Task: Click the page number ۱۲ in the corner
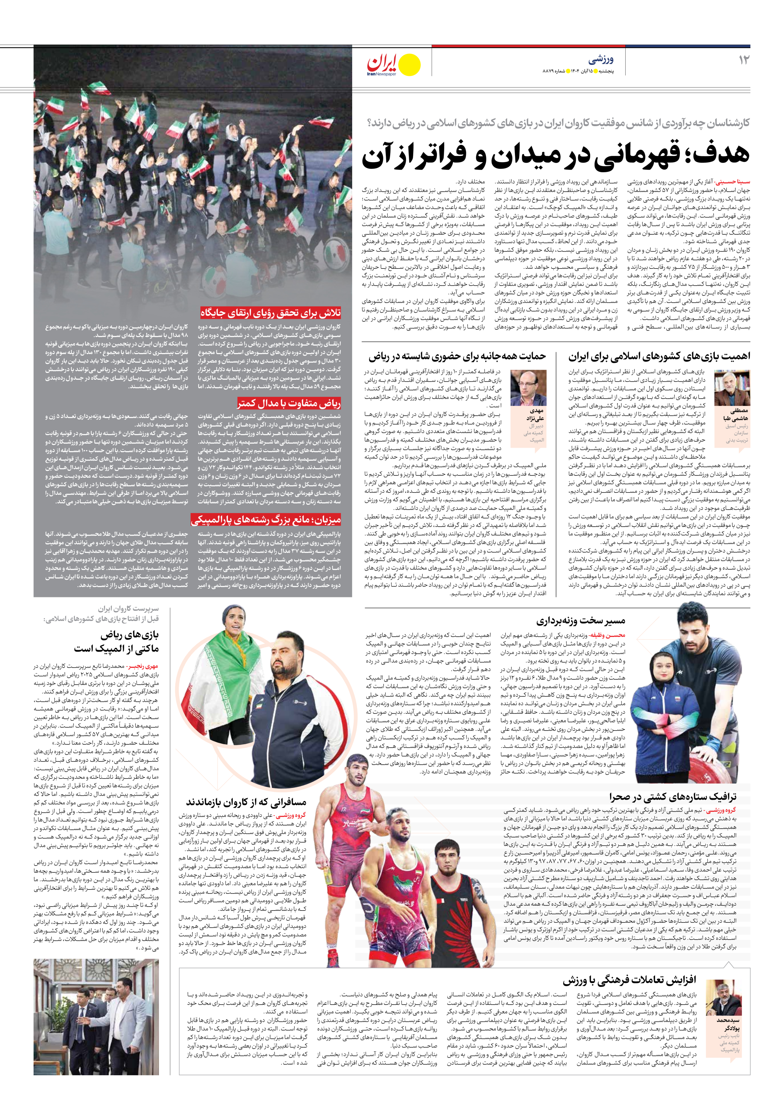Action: (744, 60)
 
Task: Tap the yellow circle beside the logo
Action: (409, 64)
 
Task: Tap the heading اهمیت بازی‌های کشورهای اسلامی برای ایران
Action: (659, 357)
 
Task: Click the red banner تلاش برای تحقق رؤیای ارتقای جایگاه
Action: (271, 313)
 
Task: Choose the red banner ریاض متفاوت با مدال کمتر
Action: (289, 403)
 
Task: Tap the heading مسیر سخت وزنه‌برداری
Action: (580, 621)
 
